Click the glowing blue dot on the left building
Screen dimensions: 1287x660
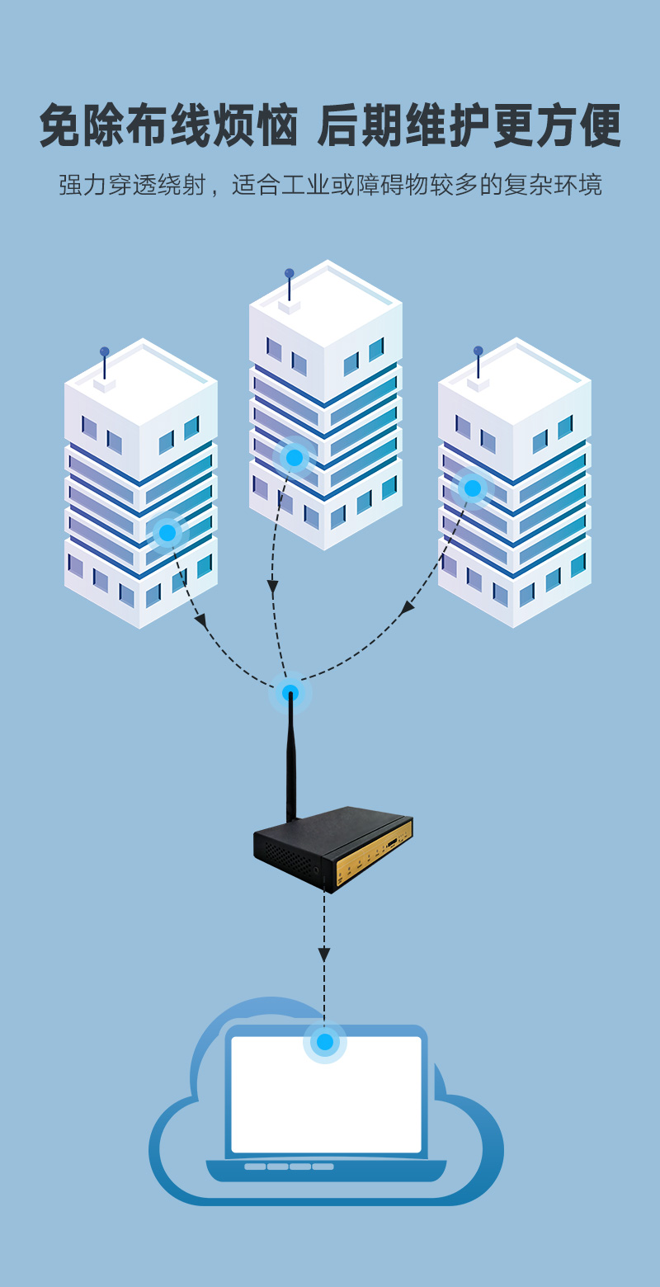pyautogui.click(x=167, y=532)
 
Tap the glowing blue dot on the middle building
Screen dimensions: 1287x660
pyautogui.click(x=295, y=458)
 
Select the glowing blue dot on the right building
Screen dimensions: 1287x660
pyautogui.click(x=473, y=488)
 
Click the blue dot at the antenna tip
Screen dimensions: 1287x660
pyautogui.click(x=290, y=693)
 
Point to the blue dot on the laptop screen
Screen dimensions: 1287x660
pyautogui.click(x=325, y=1042)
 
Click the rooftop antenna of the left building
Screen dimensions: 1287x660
pyautogui.click(x=105, y=364)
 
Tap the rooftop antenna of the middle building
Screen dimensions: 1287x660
pyautogui.click(x=289, y=285)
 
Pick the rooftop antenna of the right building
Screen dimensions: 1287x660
pyautogui.click(x=478, y=363)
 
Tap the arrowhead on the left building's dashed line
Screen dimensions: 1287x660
pyautogui.click(x=200, y=620)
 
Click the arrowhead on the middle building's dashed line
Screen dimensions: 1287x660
pyautogui.click(x=272, y=588)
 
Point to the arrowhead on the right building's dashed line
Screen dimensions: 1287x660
pyautogui.click(x=407, y=609)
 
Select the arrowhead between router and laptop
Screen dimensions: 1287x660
pyautogui.click(x=324, y=954)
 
